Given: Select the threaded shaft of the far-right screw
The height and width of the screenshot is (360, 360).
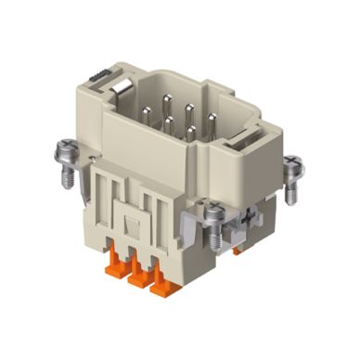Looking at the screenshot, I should coord(291,189).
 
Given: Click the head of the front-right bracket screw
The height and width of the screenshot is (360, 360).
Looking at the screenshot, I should coord(215,214).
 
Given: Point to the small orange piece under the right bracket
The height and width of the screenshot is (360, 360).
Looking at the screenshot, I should coord(239,249).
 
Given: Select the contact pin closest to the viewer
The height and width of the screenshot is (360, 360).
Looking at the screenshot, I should coord(190,132).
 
